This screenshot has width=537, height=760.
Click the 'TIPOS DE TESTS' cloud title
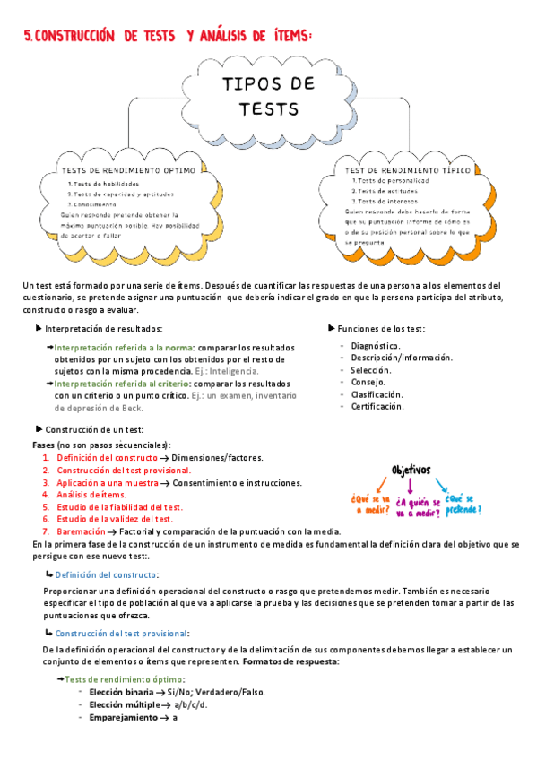point(268,96)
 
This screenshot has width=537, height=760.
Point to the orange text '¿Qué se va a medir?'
point(371,505)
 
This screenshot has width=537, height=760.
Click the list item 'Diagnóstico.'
point(376,345)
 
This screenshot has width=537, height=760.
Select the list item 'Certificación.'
point(378,406)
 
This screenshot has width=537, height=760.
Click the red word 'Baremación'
point(82,531)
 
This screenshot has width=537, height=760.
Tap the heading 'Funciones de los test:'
point(388,329)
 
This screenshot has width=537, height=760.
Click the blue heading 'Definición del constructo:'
point(107,574)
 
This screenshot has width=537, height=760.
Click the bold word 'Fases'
point(43,445)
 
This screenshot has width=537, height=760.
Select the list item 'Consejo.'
point(368,382)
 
